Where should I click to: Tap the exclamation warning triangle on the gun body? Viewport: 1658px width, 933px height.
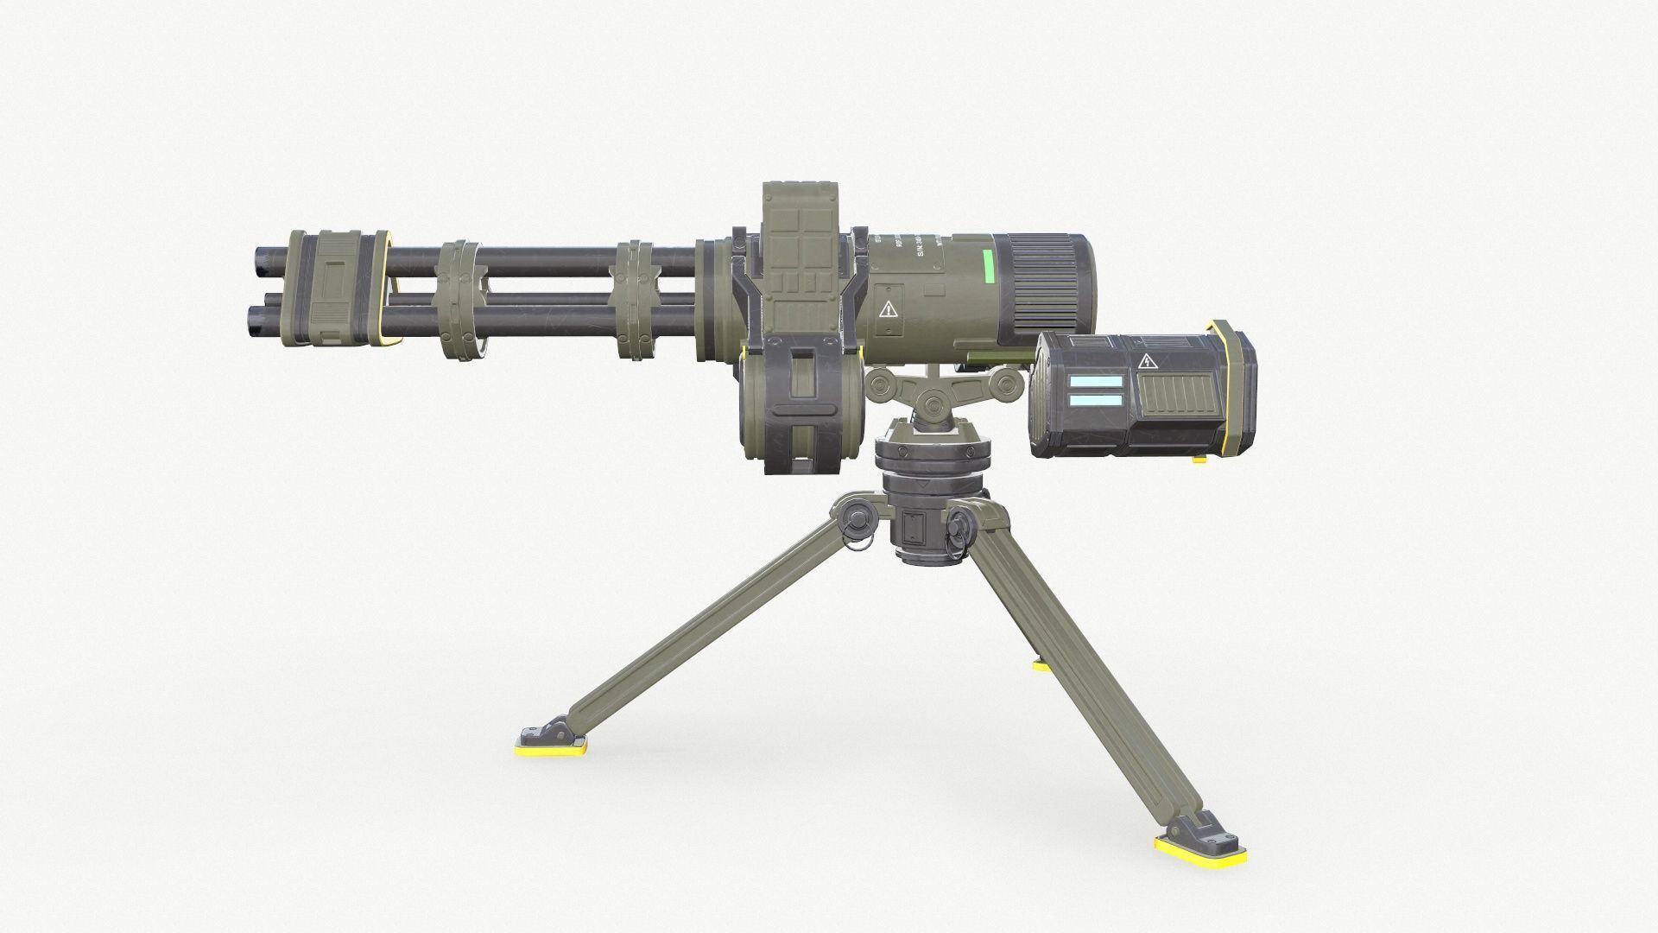889,310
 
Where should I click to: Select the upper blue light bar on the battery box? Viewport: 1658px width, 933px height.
1096,381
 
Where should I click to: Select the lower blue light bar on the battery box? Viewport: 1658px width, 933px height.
1096,400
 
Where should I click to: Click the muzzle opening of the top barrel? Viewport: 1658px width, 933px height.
257,257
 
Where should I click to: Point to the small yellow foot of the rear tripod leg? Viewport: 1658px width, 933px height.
1041,665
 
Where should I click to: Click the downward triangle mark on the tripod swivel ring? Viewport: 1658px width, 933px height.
923,486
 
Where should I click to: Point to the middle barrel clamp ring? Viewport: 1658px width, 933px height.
458,301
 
